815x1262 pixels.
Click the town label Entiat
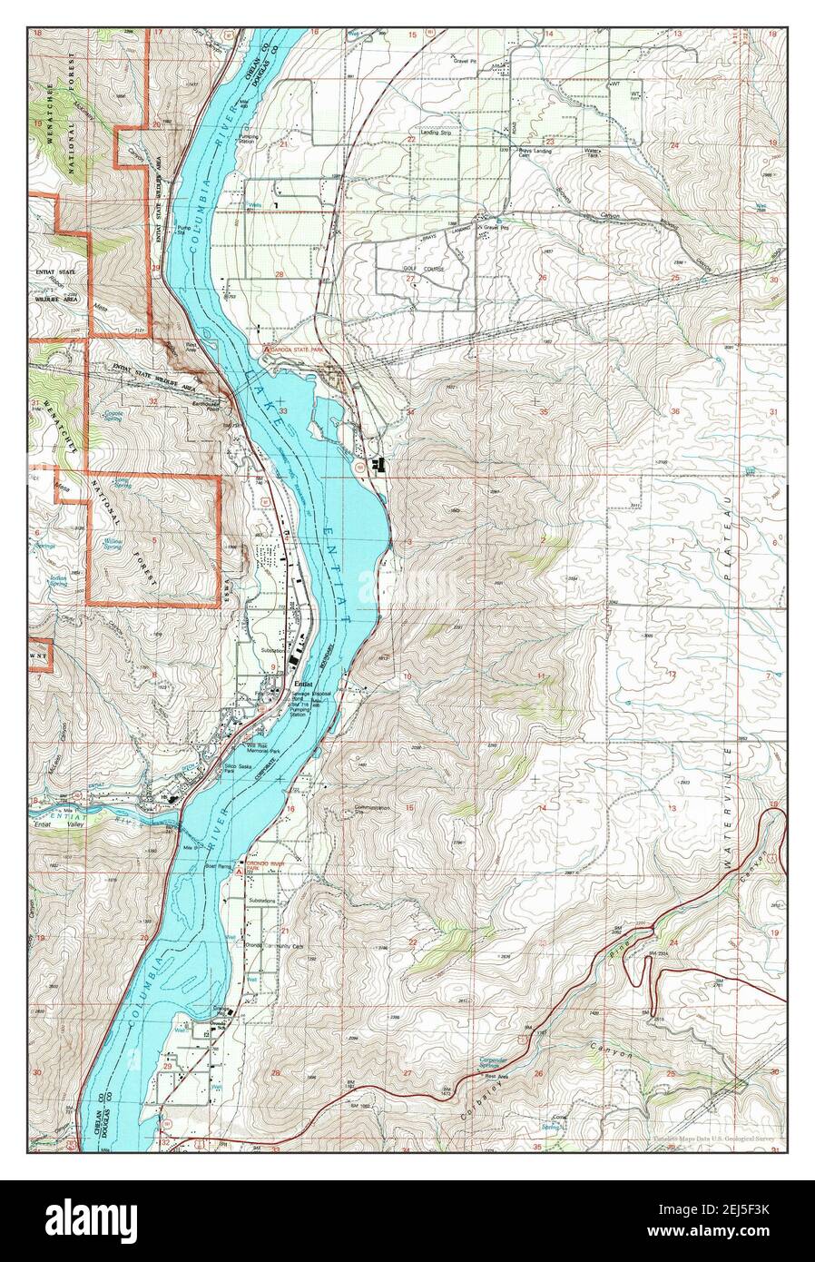point(303,685)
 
